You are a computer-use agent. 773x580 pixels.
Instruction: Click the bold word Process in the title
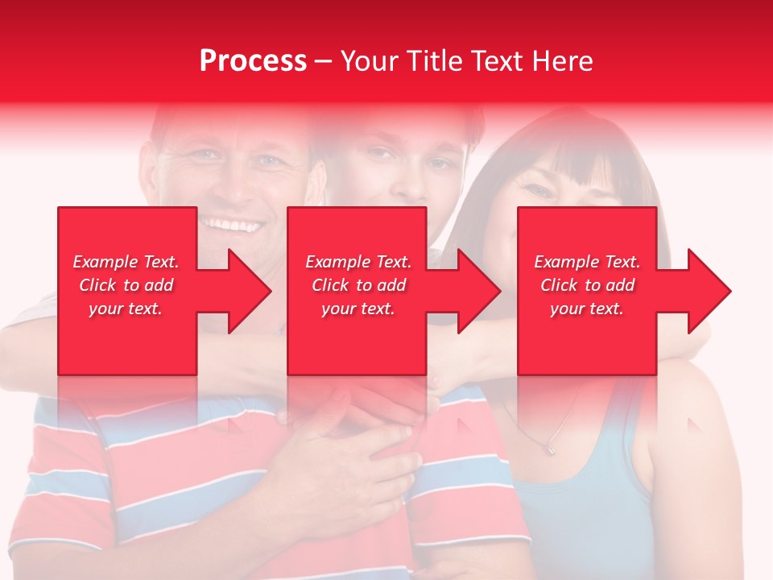click(x=253, y=61)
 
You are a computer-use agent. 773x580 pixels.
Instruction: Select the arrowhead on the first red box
click(x=246, y=291)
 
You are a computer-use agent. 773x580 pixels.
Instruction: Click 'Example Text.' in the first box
click(x=126, y=262)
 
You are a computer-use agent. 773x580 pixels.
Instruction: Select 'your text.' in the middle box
click(x=358, y=309)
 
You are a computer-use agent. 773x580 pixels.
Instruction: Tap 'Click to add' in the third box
click(x=587, y=285)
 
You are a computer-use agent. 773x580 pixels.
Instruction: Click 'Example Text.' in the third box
click(x=587, y=262)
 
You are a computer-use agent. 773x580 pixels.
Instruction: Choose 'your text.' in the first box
click(x=126, y=309)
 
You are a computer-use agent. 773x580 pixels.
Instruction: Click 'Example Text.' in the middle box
click(x=358, y=262)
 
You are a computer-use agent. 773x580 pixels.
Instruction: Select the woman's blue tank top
click(x=580, y=507)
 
